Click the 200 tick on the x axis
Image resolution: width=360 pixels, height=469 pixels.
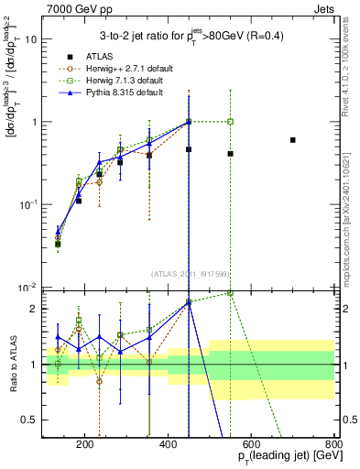tap(85, 445)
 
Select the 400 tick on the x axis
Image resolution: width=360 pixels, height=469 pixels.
tap(169, 445)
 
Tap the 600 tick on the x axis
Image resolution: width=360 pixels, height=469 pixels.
tap(252, 445)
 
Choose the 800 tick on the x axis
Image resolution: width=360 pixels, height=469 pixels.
tap(333, 445)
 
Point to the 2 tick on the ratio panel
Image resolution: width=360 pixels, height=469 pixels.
tap(33, 309)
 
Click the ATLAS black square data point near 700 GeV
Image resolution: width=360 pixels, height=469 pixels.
tap(292, 140)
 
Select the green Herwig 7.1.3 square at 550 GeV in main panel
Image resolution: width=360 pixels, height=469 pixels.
tap(230, 121)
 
